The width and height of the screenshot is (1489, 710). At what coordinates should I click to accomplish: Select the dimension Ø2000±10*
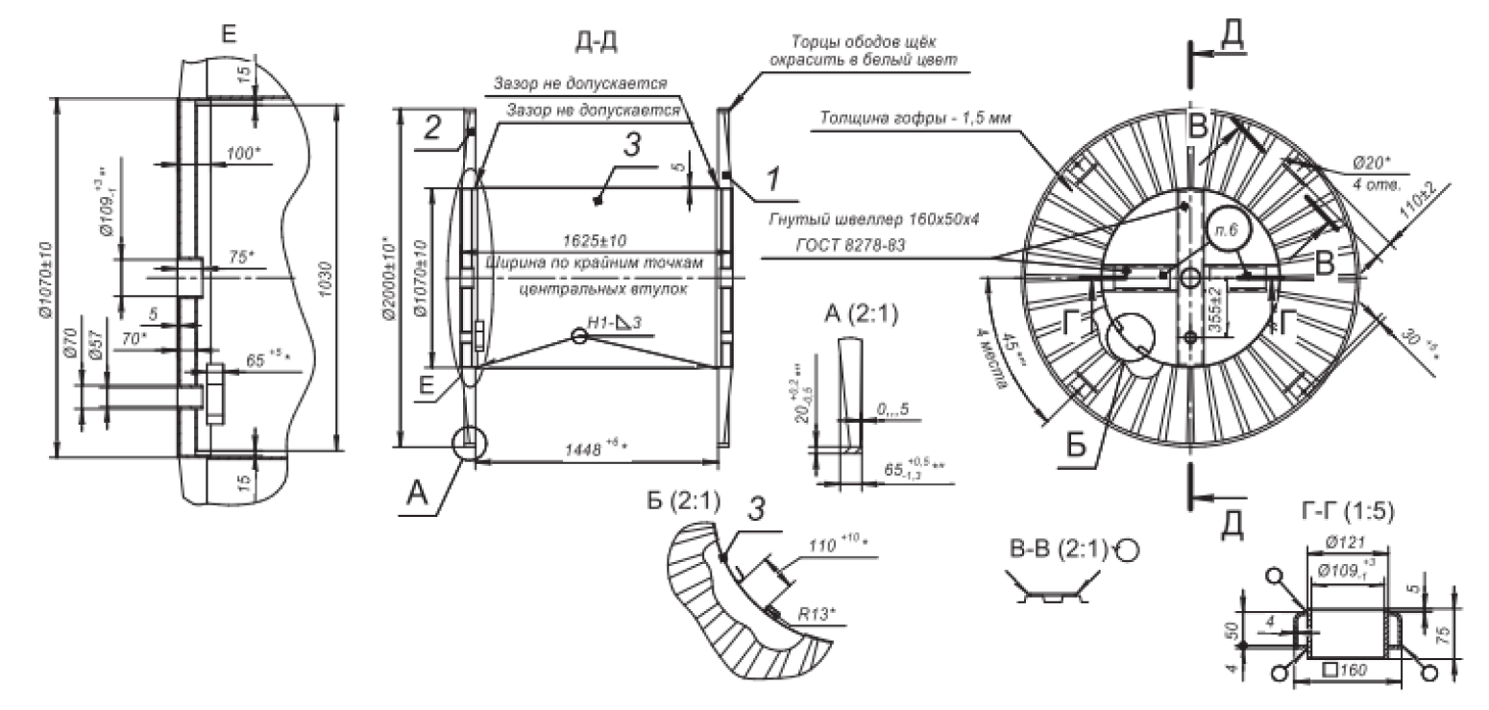[x=388, y=279]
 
